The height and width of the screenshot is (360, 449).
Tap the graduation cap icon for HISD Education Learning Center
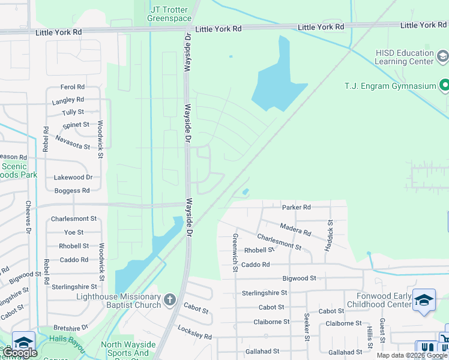(x=443, y=56)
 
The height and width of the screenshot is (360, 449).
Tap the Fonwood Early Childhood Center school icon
(x=424, y=300)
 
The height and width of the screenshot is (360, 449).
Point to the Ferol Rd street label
(x=73, y=87)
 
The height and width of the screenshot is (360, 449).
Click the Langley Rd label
(x=68, y=100)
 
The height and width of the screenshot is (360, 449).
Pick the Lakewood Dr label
(x=73, y=178)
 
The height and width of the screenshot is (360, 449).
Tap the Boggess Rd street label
(x=72, y=191)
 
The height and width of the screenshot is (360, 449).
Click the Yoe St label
(x=74, y=232)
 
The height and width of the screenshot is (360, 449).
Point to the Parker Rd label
(x=296, y=208)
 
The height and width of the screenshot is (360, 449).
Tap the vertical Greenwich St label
(x=235, y=252)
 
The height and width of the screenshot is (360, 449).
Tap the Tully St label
(x=73, y=112)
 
